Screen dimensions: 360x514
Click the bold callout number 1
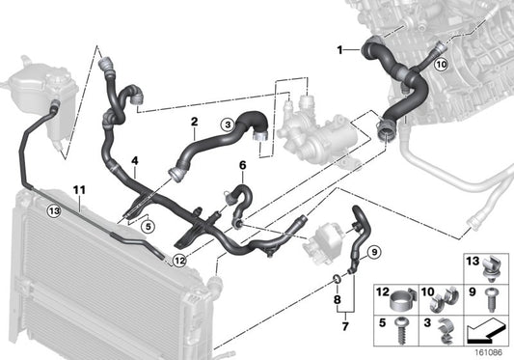click(x=338, y=48)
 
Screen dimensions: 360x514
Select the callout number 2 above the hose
click(x=194, y=122)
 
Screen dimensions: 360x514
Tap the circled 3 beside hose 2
click(x=227, y=124)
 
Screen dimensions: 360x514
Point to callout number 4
click(x=135, y=161)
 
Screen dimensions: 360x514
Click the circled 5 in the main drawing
click(x=147, y=227)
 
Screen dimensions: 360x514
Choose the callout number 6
click(x=243, y=165)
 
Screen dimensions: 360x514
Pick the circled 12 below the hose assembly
click(x=179, y=260)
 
